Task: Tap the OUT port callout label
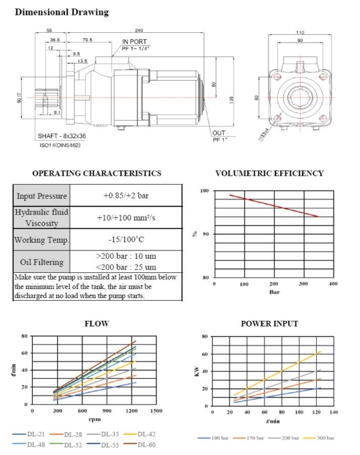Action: [x=219, y=134]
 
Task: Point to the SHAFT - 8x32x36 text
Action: [x=66, y=137]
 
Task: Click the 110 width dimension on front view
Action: [x=299, y=32]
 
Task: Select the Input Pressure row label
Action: [x=41, y=196]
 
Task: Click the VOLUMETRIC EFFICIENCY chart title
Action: [x=269, y=173]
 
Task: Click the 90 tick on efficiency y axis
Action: [x=206, y=234]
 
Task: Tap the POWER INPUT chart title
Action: [x=270, y=323]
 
